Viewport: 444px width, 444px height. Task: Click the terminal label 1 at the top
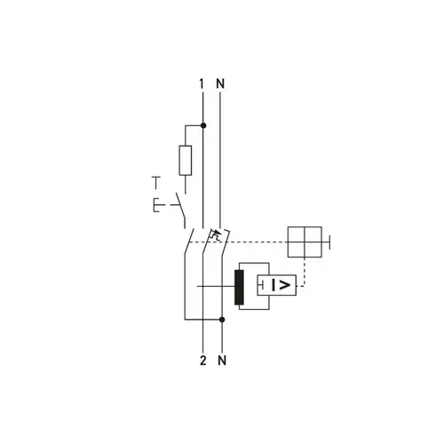coord(202,83)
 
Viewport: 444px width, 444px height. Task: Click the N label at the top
coord(220,83)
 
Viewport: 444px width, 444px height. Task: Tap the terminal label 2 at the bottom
coord(202,361)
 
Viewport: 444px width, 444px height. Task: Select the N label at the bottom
coord(222,361)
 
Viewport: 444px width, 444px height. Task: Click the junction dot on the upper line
coord(203,125)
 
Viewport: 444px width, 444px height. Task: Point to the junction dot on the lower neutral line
coord(222,320)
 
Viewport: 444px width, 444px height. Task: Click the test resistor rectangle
coord(186,160)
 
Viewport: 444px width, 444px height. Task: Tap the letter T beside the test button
coord(156,183)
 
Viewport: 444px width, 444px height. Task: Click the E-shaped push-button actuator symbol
coord(157,205)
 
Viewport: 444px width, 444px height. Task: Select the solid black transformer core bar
coord(239,287)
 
